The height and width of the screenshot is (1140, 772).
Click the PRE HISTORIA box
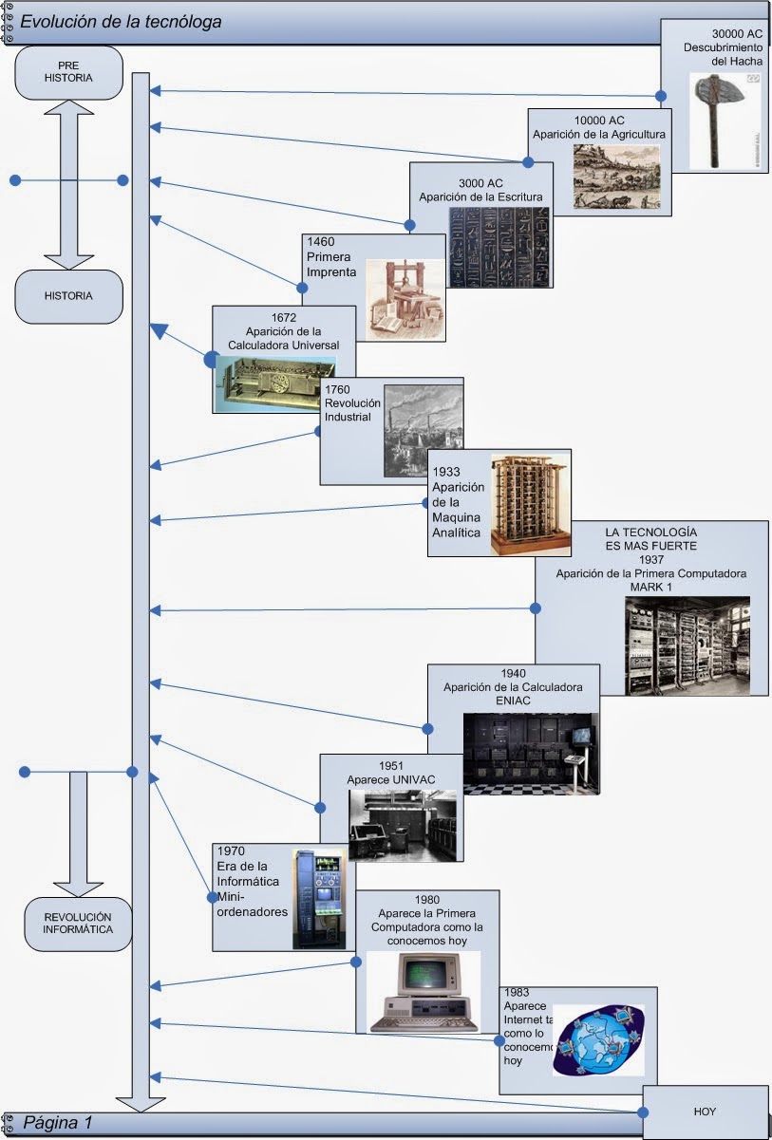[x=68, y=72]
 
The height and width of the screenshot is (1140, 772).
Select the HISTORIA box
[x=68, y=295]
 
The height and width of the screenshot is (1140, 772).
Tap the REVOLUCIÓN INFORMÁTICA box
[x=78, y=924]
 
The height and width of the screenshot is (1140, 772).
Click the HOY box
[x=705, y=1111]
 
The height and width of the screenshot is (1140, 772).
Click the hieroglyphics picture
[x=499, y=247]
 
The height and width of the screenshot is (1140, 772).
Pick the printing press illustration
[x=405, y=300]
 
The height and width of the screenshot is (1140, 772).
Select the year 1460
[x=321, y=242]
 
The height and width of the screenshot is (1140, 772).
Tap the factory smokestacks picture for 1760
[x=423, y=430]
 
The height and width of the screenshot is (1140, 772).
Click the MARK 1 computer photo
[x=687, y=645]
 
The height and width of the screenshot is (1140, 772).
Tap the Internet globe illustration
[x=599, y=1040]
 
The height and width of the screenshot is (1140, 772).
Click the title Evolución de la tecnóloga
[x=122, y=21]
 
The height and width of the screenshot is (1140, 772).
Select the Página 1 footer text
[x=58, y=1123]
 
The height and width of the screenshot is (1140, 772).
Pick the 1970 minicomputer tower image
[x=318, y=898]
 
